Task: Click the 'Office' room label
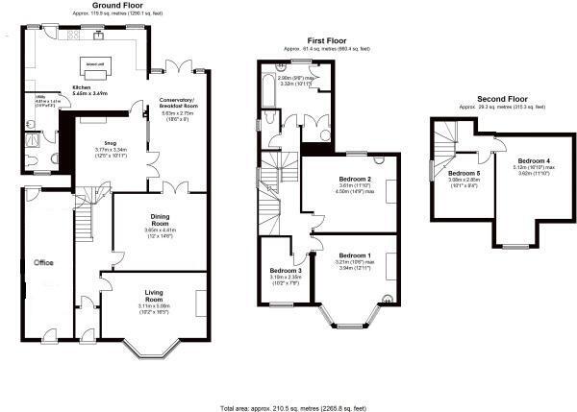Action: (43, 261)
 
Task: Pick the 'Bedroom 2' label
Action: (355, 180)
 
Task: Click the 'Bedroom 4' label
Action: (534, 159)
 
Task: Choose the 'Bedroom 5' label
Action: (464, 172)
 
